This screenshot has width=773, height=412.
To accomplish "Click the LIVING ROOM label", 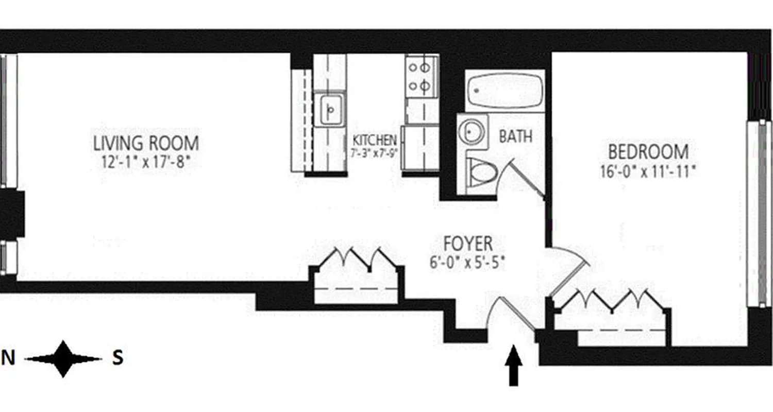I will [146, 143].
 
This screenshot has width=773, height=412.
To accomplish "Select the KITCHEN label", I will [375, 140].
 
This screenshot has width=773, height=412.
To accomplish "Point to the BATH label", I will [515, 137].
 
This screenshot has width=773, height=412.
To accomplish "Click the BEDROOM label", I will [648, 152].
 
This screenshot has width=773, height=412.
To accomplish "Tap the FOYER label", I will [468, 243].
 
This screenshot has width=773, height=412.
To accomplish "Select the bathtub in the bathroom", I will [505, 91].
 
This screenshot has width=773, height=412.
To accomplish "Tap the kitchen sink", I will [330, 109].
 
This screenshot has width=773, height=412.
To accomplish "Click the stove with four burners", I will [421, 77].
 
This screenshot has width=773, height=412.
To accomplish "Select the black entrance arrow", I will [513, 366].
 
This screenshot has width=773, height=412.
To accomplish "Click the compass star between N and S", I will [63, 359].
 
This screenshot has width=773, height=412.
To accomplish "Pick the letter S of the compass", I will [118, 358].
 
